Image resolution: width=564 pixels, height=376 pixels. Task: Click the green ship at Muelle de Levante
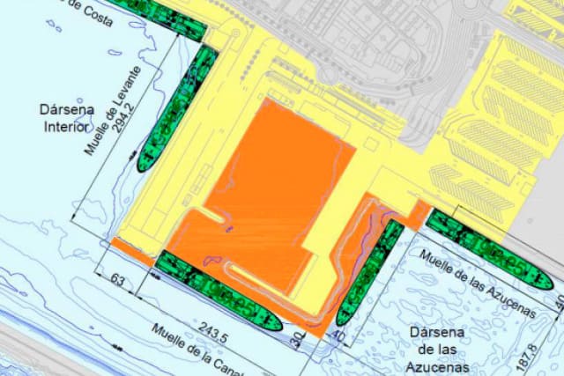177,109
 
